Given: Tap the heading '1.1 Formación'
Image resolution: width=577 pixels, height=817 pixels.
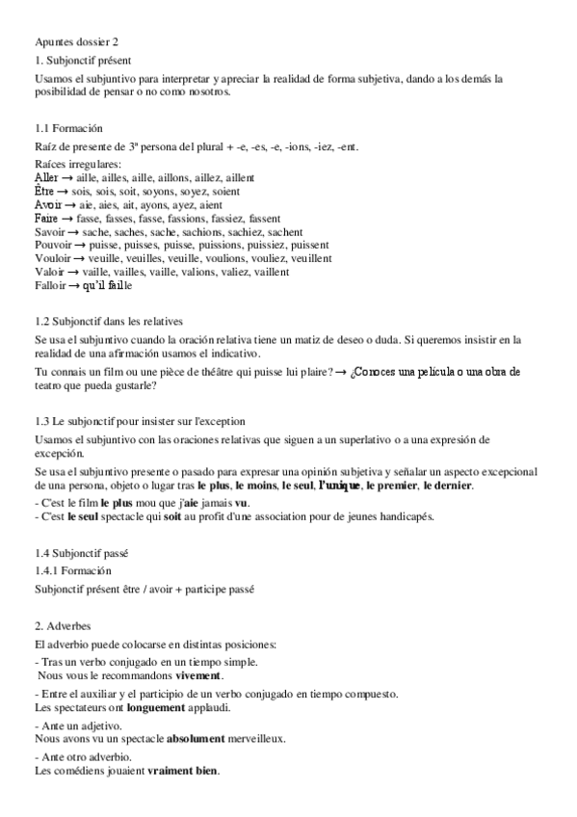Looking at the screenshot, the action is (68, 128).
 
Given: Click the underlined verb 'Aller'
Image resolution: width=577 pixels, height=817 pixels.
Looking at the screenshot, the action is (45, 179).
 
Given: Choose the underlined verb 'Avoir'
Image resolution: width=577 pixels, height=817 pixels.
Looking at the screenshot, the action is (46, 205).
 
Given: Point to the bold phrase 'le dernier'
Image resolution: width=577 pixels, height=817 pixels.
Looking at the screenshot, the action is (447, 486).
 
